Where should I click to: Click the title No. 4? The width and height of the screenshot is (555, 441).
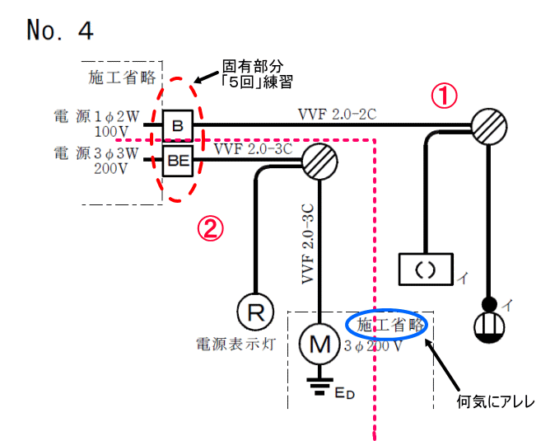coord(60,30)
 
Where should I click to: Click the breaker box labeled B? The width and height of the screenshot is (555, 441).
coord(177,126)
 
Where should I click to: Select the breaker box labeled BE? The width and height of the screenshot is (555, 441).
coord(177,161)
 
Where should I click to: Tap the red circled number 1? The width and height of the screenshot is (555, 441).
coord(444,96)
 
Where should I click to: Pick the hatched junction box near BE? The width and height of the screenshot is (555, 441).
coord(320,162)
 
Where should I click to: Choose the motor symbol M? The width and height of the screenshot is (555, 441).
coord(319,345)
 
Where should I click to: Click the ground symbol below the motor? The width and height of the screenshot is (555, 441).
coord(319,383)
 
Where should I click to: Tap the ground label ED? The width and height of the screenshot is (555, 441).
coord(344,394)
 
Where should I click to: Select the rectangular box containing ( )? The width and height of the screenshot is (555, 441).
coord(425,268)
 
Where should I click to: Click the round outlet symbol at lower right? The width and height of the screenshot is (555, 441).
coord(492,324)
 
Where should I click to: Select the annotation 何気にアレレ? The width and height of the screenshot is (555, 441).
coord(497,403)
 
